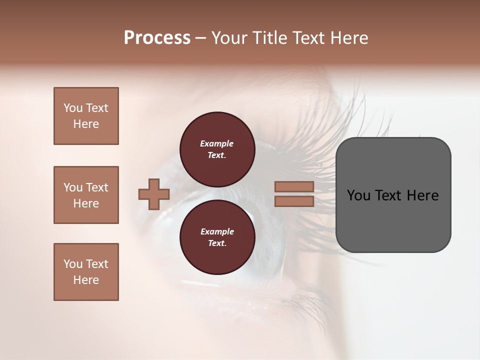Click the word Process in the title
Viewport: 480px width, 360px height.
(157, 38)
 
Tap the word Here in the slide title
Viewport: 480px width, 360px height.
(348, 38)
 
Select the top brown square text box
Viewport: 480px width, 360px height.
(86, 116)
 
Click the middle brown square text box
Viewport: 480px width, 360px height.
(86, 195)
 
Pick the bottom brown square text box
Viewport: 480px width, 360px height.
(86, 272)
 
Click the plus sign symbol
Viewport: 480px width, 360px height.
(154, 194)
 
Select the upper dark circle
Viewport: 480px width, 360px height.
(217, 149)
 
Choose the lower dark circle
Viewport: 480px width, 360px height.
(217, 237)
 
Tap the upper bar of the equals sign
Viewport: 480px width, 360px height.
(294, 186)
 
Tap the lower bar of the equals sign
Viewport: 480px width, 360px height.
(294, 201)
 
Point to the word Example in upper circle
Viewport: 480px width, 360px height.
(217, 143)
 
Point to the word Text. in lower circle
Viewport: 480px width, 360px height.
(217, 243)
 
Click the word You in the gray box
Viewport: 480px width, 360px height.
(359, 195)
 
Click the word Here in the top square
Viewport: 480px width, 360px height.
(86, 124)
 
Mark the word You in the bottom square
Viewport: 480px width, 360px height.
(73, 264)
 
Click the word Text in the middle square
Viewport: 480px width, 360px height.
(97, 187)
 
